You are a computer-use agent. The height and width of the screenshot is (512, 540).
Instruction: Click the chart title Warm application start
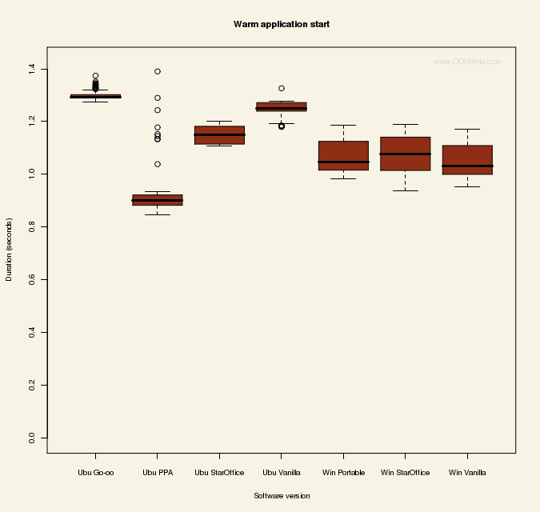(x=281, y=25)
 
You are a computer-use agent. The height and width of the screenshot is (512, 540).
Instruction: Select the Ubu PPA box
(x=157, y=200)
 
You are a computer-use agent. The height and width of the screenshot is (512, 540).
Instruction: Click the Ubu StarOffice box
(x=219, y=134)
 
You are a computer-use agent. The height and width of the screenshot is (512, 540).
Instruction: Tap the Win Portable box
(x=343, y=155)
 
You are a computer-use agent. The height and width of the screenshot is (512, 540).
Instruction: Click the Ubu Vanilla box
(x=281, y=107)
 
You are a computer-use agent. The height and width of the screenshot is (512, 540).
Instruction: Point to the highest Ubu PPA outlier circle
(x=158, y=71)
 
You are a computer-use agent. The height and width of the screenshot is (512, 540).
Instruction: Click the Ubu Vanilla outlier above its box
(x=282, y=88)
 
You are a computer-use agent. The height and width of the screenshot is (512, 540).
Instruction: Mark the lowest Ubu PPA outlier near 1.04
(x=158, y=164)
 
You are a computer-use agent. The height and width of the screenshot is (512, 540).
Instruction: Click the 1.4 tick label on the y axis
(x=31, y=68)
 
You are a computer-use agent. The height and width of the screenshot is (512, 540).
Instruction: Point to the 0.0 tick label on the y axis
(x=31, y=438)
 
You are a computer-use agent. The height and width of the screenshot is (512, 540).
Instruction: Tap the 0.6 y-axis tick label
(x=31, y=279)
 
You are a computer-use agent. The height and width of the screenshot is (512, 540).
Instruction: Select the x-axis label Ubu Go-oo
(x=95, y=473)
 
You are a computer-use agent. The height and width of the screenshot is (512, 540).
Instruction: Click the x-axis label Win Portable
(x=343, y=473)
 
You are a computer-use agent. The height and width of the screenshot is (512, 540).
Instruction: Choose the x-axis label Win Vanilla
(x=467, y=473)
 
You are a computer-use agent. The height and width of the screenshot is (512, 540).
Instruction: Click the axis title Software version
(x=282, y=496)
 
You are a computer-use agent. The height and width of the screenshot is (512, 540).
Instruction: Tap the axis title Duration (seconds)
(x=10, y=249)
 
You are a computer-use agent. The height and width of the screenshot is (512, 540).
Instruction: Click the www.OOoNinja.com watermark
(x=467, y=62)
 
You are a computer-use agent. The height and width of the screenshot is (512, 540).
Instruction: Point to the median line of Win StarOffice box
(x=405, y=154)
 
